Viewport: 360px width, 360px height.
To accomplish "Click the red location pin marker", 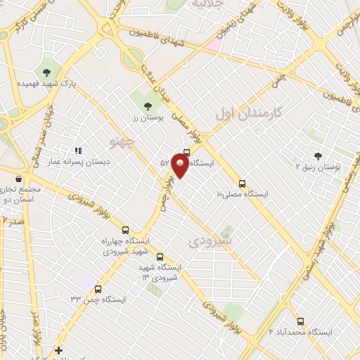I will [181, 165].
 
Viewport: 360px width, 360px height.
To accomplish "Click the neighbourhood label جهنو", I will [122, 143].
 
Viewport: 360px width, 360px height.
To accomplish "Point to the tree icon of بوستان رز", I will [148, 106].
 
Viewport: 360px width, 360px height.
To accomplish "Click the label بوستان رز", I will [148, 118].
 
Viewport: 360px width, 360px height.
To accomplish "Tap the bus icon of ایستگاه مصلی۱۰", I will [243, 181].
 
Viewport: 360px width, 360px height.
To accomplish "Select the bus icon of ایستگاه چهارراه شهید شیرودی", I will [126, 230].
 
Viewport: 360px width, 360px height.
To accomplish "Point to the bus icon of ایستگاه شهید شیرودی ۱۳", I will [160, 257].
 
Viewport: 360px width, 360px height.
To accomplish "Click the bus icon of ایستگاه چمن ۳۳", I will [98, 288].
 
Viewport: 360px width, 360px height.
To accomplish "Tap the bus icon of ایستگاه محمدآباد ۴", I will [301, 320].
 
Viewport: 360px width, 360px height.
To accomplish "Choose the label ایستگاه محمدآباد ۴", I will [301, 331].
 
